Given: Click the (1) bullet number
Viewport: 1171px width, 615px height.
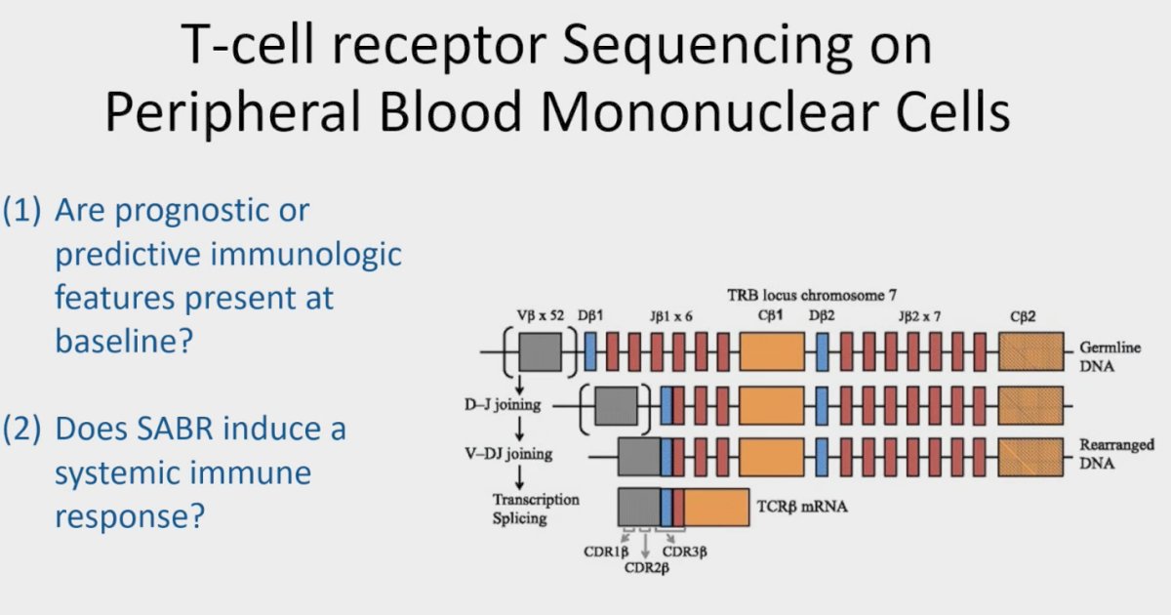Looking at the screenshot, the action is click(21, 211).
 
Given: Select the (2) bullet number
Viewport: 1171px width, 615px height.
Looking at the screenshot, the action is click(21, 430).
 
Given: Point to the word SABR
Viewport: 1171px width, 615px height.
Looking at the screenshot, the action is click(175, 429).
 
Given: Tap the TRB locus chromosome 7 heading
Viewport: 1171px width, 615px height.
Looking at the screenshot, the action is click(812, 296).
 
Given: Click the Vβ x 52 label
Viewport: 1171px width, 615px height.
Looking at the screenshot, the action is click(541, 316).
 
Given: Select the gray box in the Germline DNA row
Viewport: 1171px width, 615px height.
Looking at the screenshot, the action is click(540, 352).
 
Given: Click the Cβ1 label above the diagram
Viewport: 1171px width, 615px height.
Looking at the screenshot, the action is click(770, 316).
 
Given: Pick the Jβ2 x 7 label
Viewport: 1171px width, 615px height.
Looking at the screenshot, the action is click(919, 316).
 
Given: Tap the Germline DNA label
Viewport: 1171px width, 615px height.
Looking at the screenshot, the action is click(1110, 356).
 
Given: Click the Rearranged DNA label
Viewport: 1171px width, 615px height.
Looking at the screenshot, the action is click(1116, 454).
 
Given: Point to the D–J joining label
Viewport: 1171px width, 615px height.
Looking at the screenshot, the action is click(503, 405).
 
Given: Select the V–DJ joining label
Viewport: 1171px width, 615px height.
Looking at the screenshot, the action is click(508, 453).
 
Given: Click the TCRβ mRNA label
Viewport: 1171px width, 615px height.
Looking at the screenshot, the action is click(802, 507).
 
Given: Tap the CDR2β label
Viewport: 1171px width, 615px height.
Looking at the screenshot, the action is click(647, 568).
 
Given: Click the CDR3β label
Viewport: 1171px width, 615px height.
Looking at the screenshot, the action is click(685, 552).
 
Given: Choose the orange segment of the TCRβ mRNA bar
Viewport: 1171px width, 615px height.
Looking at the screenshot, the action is click(716, 508).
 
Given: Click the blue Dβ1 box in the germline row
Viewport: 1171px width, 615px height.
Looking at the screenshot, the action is click(590, 352).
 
